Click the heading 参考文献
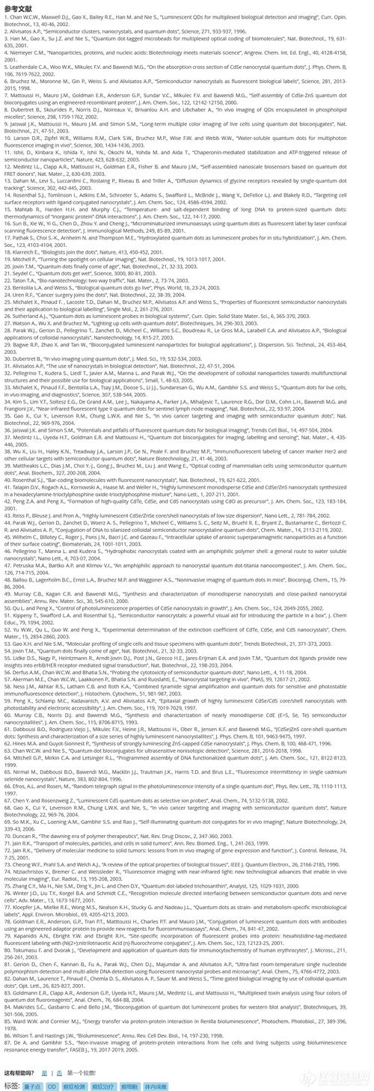click(17, 6)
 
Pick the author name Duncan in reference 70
click(22, 783)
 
